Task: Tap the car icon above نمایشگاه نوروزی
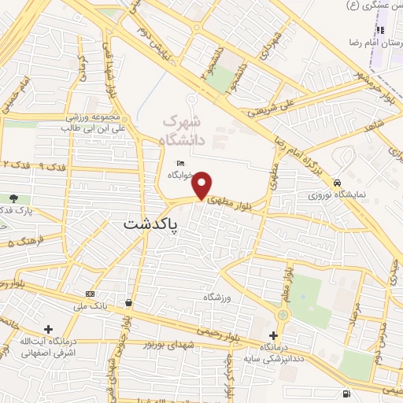(337, 180)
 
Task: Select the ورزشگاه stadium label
(220, 297)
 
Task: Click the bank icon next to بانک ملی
(89, 294)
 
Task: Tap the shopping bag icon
(128, 302)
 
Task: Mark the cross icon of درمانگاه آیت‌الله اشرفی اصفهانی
(50, 329)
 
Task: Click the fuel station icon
(346, 393)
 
